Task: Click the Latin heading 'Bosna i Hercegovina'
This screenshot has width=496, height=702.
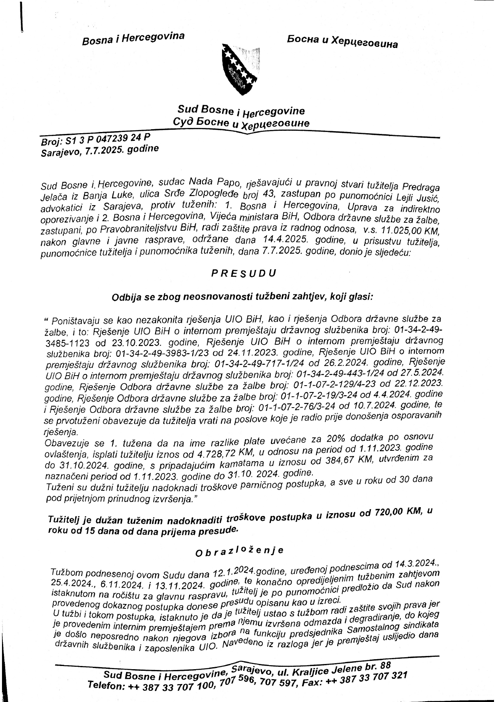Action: point(133,39)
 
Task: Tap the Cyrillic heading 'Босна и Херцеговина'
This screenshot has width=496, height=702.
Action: point(342,41)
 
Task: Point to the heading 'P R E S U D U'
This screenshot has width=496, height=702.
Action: point(244,274)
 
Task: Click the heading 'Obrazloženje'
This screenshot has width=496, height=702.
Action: point(239,551)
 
